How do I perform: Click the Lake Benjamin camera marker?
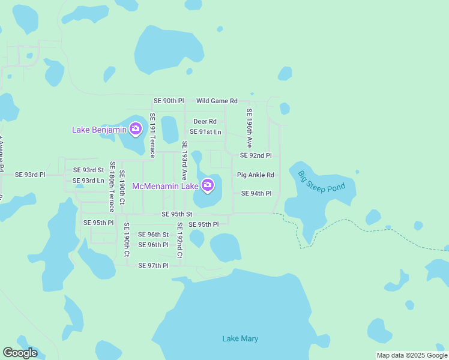click(136, 128)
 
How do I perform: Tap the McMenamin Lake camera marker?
click(208, 185)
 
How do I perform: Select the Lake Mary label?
click(240, 339)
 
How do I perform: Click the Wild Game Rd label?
click(217, 101)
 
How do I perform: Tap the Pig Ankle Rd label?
click(255, 175)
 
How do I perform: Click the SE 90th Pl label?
click(169, 101)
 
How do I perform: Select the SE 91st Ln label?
click(205, 131)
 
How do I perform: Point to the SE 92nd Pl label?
click(256, 155)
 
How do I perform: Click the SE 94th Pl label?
click(256, 194)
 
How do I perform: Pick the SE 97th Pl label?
click(153, 265)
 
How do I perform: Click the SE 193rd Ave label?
click(185, 160)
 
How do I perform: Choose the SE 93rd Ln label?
click(88, 181)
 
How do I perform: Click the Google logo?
click(20, 353)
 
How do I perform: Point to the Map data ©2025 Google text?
click(412, 355)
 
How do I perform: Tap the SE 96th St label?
click(153, 235)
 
